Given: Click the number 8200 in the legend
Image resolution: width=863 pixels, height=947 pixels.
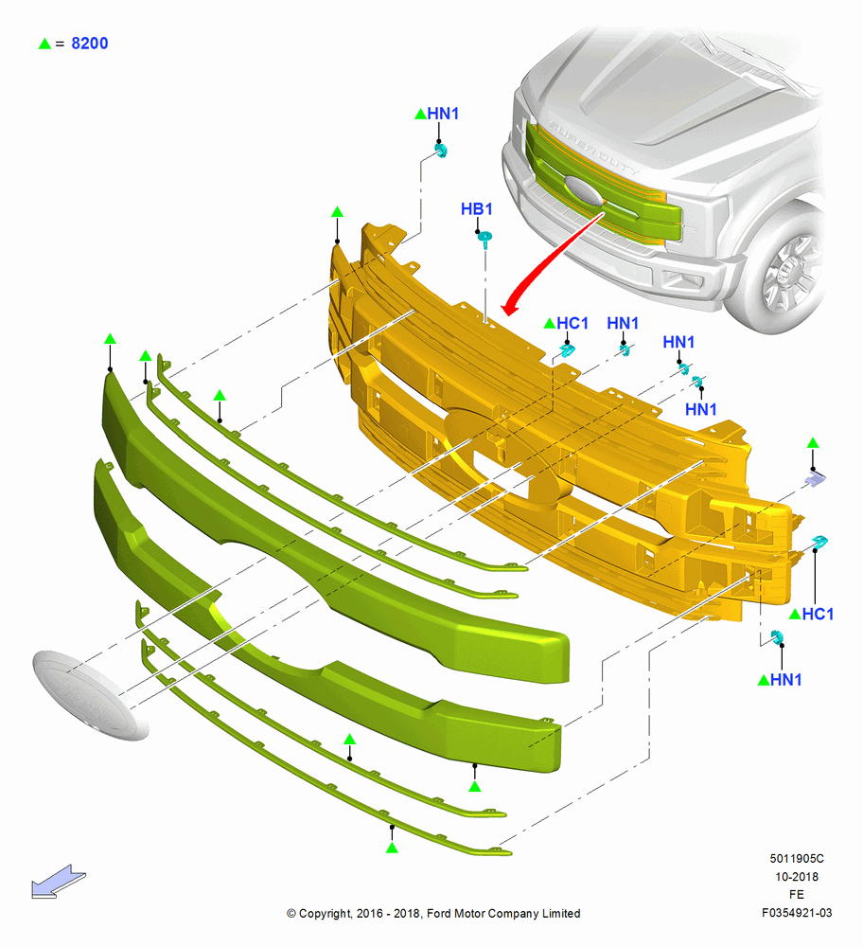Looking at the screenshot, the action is pos(90,44).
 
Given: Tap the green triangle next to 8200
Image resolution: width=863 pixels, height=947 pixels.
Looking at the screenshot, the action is pos(44,44).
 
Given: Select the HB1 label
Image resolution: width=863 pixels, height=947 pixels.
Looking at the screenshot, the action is pos(477,209).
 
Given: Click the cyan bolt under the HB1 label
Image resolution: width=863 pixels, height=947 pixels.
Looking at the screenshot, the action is pos(484,238).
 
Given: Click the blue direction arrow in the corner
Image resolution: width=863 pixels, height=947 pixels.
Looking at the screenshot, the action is pos(59,881).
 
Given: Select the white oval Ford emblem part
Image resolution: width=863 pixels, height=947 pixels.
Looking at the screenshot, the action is pos(90,694).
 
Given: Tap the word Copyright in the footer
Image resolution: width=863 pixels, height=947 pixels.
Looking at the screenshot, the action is pos(325,914).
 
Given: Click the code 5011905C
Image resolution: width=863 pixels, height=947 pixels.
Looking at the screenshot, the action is pos(797,859).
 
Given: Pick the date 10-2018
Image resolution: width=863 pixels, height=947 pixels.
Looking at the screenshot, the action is pos(797,877).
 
